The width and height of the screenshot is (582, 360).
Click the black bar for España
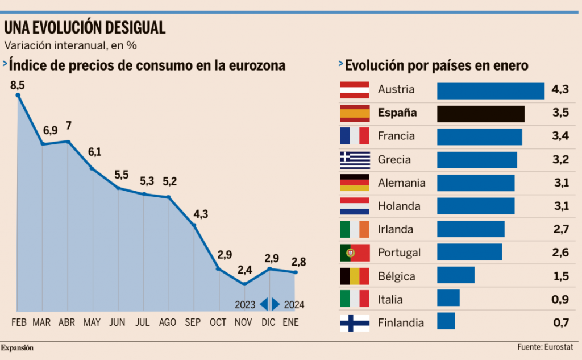[x=480, y=114]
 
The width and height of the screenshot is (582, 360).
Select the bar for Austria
[x=490, y=90]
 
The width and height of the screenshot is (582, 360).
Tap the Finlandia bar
[x=446, y=321]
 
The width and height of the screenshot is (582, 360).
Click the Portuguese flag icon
[x=355, y=253]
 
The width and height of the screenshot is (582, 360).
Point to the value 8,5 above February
[x=18, y=85]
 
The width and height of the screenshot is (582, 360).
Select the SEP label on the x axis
[x=193, y=322]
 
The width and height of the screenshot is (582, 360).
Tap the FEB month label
[x=19, y=322]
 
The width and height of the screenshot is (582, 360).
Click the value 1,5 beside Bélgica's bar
[x=560, y=276]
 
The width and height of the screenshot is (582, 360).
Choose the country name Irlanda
[x=395, y=230]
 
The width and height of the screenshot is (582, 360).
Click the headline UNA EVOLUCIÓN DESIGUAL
[x=85, y=27]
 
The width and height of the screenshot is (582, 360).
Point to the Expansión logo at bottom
[x=17, y=347]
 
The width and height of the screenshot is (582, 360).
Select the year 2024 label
[x=294, y=305]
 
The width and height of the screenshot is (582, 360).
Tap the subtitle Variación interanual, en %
[x=71, y=45]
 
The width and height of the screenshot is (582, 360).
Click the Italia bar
[x=448, y=298]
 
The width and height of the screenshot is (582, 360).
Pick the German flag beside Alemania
[x=355, y=183]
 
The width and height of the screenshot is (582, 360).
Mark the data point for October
[x=219, y=268]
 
